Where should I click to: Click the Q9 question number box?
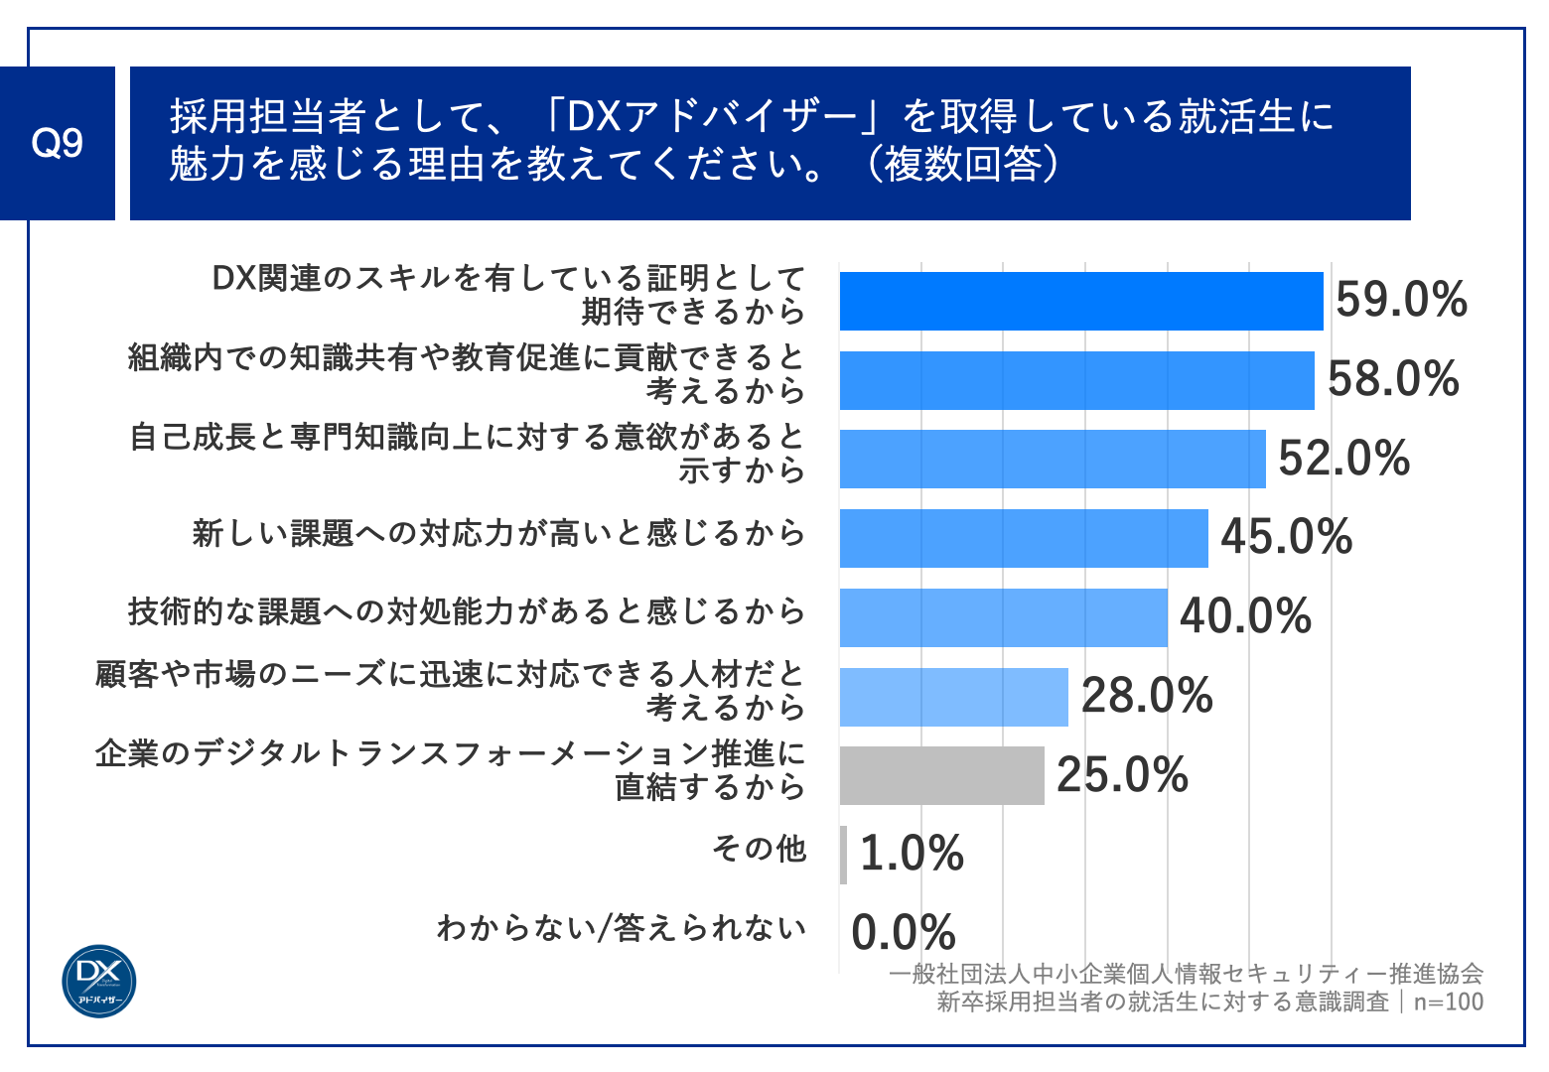[x=57, y=144]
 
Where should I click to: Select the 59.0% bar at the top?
[x=1080, y=301]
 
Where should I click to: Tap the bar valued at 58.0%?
[x=1076, y=380]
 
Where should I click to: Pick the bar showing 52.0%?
[x=1053, y=459]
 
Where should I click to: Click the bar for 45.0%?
[x=1024, y=538]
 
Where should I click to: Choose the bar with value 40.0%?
[x=1003, y=617]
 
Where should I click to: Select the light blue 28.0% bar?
[x=953, y=697]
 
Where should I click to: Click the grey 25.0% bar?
[x=941, y=775]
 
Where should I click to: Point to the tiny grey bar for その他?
[x=843, y=855]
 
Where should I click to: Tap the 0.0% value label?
[x=904, y=933]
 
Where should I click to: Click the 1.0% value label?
[x=912, y=854]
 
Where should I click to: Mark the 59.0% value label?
[x=1401, y=300]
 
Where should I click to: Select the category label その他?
[x=760, y=849]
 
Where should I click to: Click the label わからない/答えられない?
[x=622, y=928]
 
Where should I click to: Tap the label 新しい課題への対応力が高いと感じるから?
[x=498, y=533]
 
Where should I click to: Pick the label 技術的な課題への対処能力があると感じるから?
[x=467, y=611]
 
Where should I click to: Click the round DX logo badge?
[x=99, y=981]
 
